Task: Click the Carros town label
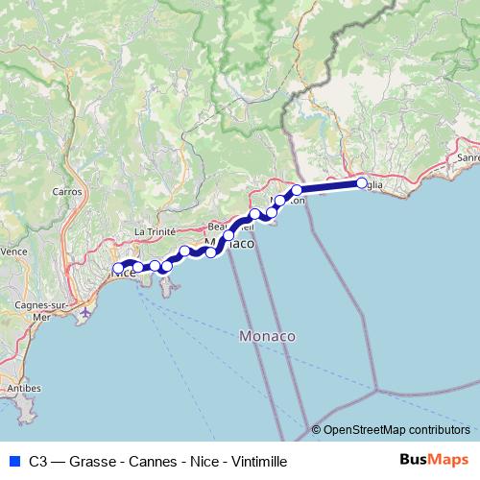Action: [67, 191]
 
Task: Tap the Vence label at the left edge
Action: [13, 252]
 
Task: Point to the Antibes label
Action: [25, 388]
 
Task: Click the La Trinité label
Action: [153, 231]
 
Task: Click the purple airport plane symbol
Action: [86, 311]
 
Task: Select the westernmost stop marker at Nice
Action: [119, 269]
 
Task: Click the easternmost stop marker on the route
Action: [362, 182]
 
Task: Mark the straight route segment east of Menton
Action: [329, 186]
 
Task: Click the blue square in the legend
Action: [13, 461]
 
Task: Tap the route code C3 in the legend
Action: [37, 461]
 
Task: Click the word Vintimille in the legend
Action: [255, 461]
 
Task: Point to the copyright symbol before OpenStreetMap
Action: [317, 430]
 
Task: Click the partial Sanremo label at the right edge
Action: [468, 156]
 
